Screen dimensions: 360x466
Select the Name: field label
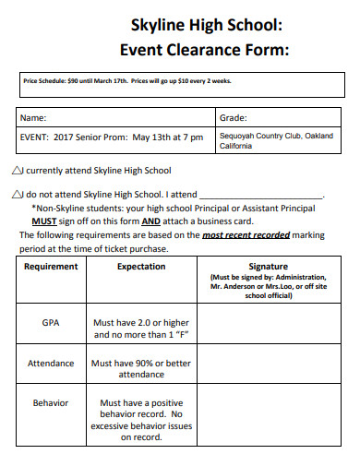pos(33,119)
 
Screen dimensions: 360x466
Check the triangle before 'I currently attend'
pos(20,171)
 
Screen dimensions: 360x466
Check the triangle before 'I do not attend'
pos(20,196)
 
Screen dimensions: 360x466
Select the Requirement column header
pos(51,267)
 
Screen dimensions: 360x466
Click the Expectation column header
pos(141,267)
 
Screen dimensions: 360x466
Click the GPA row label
pos(51,324)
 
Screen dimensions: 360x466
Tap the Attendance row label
pos(51,364)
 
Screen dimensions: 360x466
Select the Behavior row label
pos(51,403)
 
